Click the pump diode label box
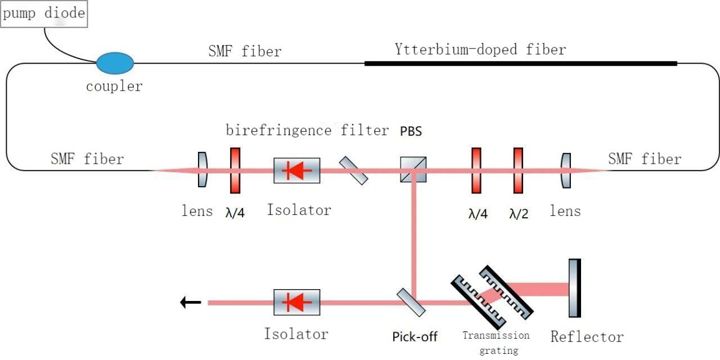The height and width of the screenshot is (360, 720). pos(44,13)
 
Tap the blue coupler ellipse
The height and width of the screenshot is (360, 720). pos(115,63)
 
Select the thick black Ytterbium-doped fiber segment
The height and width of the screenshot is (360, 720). pos(520,64)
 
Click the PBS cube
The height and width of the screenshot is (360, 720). pos(413,169)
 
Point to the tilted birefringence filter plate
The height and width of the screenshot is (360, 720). pos(354,170)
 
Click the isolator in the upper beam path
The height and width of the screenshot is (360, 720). pos(296,170)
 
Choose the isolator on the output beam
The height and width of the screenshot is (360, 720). pos(296,302)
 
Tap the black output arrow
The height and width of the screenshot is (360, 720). pos(191,303)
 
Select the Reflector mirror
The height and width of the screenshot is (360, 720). pos(574,288)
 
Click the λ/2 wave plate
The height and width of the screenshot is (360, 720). pos(518,170)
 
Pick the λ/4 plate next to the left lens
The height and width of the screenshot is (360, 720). pos(235,170)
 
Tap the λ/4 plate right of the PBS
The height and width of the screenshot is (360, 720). pos(476,170)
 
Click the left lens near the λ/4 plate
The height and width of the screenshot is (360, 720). pos(202,169)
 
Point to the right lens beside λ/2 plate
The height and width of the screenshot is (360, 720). pos(566,170)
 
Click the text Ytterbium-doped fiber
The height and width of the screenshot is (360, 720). pos(480,49)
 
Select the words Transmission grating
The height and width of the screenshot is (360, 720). pos(496,343)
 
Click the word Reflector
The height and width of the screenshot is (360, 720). pos(587,337)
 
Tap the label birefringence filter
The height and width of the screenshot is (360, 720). pos(307,130)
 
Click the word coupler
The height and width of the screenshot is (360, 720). pos(114,86)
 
